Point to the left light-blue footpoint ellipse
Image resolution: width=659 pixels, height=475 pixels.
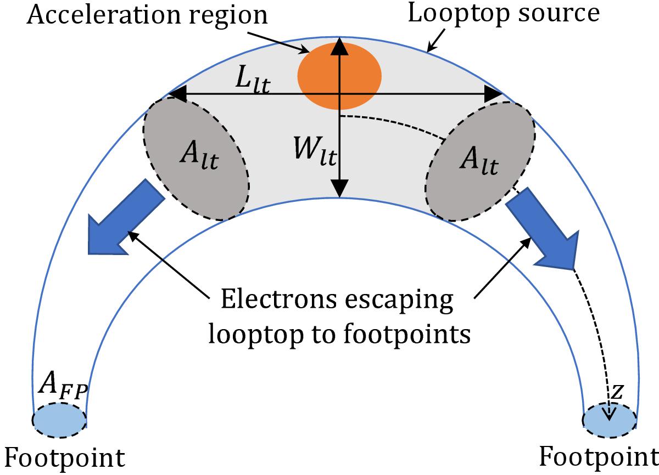tap(59, 420)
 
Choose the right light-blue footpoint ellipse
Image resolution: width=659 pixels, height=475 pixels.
tap(610, 421)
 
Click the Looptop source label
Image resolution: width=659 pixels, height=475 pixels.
tap(503, 14)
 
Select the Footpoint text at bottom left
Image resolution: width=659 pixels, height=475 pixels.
tap(65, 457)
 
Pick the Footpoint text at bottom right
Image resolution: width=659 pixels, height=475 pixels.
tap(599, 456)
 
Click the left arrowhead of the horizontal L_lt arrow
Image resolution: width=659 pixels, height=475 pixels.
tap(176, 94)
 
